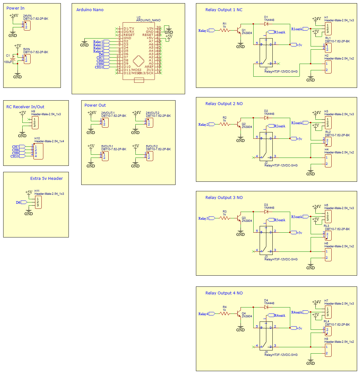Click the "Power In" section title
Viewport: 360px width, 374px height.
(15, 8)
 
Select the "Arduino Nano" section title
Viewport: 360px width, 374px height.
(90, 10)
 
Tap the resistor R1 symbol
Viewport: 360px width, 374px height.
(225, 30)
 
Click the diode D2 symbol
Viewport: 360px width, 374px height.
(266, 118)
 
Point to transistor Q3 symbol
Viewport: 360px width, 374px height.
(239, 218)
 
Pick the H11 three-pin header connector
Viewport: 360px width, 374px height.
(38, 202)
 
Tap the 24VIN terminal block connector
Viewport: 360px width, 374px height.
(27, 25)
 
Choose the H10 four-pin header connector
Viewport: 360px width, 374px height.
(38, 152)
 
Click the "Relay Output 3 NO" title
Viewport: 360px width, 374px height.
(224, 198)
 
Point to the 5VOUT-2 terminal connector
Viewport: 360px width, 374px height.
(150, 156)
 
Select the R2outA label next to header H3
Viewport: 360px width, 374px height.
(297, 123)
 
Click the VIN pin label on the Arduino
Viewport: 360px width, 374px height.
(150, 29)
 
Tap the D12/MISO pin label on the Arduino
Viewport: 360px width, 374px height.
(132, 73)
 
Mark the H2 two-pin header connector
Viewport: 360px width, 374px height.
(328, 67)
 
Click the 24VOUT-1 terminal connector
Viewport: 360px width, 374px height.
(105, 123)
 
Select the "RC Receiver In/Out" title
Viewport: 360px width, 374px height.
(25, 107)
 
